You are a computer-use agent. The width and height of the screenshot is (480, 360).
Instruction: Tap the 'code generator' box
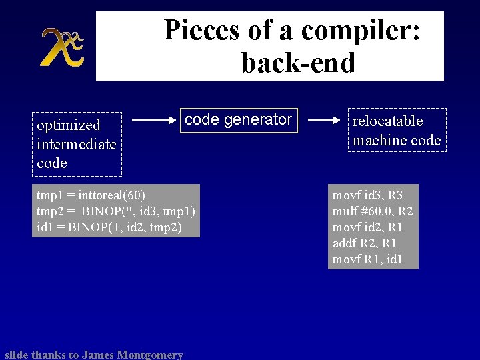pos(238,119)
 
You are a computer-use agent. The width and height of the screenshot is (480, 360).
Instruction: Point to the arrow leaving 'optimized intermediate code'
pos(155,121)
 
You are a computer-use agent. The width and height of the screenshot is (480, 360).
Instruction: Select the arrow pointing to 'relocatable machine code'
pos(325,121)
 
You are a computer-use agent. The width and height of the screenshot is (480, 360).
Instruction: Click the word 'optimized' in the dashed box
pos(69,125)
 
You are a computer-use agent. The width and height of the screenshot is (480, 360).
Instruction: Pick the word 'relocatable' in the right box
pos(387,121)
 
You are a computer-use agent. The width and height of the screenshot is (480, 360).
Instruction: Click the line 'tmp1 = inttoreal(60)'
pos(90,195)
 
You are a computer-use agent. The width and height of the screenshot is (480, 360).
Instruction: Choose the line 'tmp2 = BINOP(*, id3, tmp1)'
pos(115,211)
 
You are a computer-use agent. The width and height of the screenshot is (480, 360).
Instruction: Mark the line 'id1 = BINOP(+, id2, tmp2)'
pos(109,227)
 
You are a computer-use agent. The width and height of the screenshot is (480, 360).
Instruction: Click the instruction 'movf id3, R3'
pos(367,195)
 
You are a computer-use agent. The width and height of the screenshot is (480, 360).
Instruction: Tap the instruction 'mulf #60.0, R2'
pos(373,211)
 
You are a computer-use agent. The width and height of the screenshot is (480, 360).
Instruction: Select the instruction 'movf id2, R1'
pos(367,227)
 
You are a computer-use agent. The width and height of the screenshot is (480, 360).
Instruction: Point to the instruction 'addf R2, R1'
pos(365,243)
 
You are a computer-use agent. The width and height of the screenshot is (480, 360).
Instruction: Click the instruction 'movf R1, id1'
pos(367,259)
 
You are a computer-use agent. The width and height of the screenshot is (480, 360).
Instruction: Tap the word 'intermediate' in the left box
pos(76,144)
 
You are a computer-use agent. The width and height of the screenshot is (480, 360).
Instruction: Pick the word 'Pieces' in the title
pos(197,31)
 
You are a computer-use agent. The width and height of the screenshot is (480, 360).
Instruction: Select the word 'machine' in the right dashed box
pos(379,140)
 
